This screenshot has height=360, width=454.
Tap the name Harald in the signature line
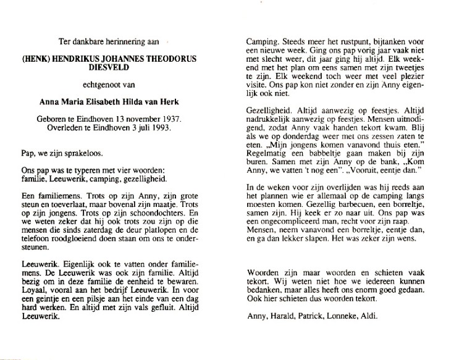point(282,318)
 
